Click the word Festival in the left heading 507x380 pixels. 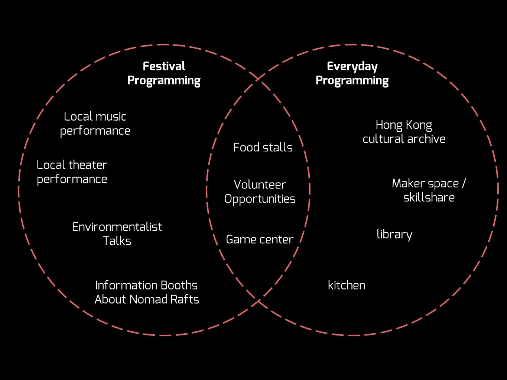(x=164, y=66)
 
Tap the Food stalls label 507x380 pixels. (x=263, y=147)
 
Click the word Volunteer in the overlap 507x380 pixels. (x=260, y=184)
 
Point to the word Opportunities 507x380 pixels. (x=260, y=199)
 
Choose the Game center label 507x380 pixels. (x=260, y=239)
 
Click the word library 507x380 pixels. (x=394, y=235)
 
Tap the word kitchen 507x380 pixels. (x=347, y=285)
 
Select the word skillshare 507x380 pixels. (x=429, y=197)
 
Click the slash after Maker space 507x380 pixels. (x=464, y=183)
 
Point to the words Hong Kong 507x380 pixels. (x=404, y=125)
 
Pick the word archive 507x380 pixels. (x=426, y=139)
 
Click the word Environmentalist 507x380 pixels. (x=117, y=227)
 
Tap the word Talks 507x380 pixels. (x=117, y=241)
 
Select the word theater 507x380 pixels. (x=88, y=165)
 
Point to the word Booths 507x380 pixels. (x=179, y=285)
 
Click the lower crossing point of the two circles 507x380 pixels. (x=258, y=301)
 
